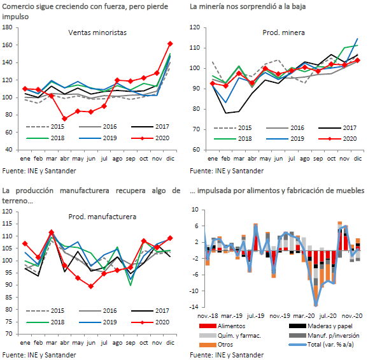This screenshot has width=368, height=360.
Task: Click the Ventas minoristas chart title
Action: pos(97,32)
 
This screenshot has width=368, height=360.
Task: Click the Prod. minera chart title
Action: pos(283,32)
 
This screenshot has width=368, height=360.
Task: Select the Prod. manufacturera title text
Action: pos(102,217)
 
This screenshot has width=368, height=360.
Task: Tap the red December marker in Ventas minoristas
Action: pos(170,44)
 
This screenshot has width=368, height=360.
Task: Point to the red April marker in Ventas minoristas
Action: pos(64,119)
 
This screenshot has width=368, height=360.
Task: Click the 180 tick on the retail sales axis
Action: pos(7,27)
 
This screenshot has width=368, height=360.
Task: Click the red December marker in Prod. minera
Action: pos(357,61)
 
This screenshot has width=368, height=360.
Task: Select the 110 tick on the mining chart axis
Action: pos(195,48)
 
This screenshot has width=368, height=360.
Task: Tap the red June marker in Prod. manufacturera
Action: pos(91,286)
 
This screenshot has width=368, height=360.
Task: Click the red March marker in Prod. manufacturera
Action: pos(52,233)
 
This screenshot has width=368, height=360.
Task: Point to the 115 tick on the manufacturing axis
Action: pos(7,224)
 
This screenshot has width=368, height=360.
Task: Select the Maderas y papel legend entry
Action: pos(321,326)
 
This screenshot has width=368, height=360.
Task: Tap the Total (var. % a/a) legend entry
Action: pos(322,345)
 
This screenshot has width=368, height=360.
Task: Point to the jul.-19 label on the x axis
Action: pos(255,316)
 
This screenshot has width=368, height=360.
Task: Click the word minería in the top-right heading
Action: pos(214,6)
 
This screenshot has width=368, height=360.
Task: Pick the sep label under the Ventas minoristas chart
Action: pos(131,159)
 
